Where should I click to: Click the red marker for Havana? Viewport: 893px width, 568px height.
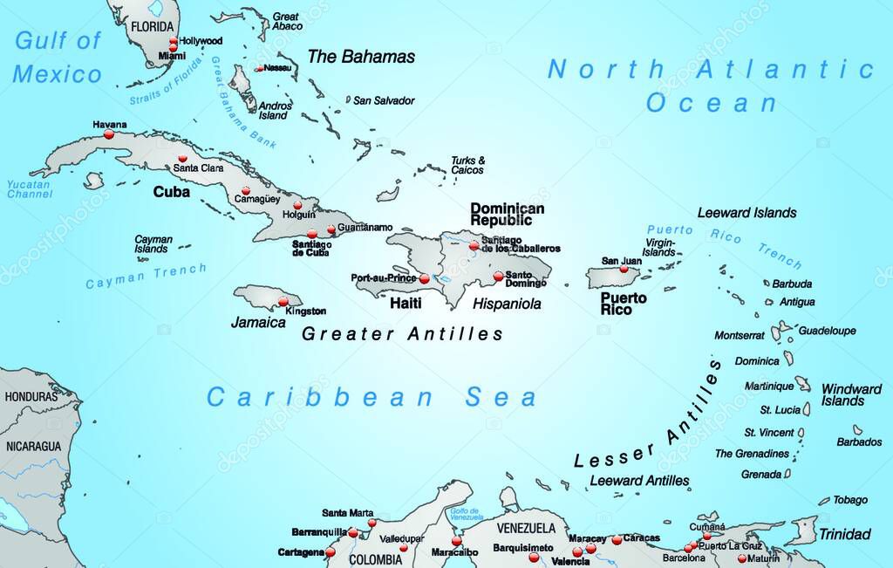[x=109, y=134]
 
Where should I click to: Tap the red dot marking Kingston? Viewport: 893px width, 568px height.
[x=283, y=302]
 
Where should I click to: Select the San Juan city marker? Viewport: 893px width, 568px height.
[x=624, y=269]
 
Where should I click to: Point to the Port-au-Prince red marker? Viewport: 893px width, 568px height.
[x=424, y=279]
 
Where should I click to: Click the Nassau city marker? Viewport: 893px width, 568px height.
[x=259, y=68]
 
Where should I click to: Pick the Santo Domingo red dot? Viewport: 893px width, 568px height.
[x=498, y=277]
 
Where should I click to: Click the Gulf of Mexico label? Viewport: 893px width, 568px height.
[x=58, y=57]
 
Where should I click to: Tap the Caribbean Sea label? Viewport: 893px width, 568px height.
[x=372, y=398]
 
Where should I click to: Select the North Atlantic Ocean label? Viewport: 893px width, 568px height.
[x=711, y=86]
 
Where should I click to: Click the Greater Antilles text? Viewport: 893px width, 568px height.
[x=402, y=333]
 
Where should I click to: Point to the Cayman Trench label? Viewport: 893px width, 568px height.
[x=146, y=277]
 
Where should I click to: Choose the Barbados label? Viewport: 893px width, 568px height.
[x=859, y=442]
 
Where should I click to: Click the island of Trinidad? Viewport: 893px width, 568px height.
[x=802, y=530]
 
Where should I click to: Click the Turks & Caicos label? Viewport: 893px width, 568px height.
[x=467, y=165]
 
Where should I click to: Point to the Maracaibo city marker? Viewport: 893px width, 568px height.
[x=456, y=540]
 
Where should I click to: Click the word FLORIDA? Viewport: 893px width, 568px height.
[x=153, y=26]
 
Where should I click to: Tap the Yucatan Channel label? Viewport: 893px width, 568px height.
[x=30, y=189]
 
